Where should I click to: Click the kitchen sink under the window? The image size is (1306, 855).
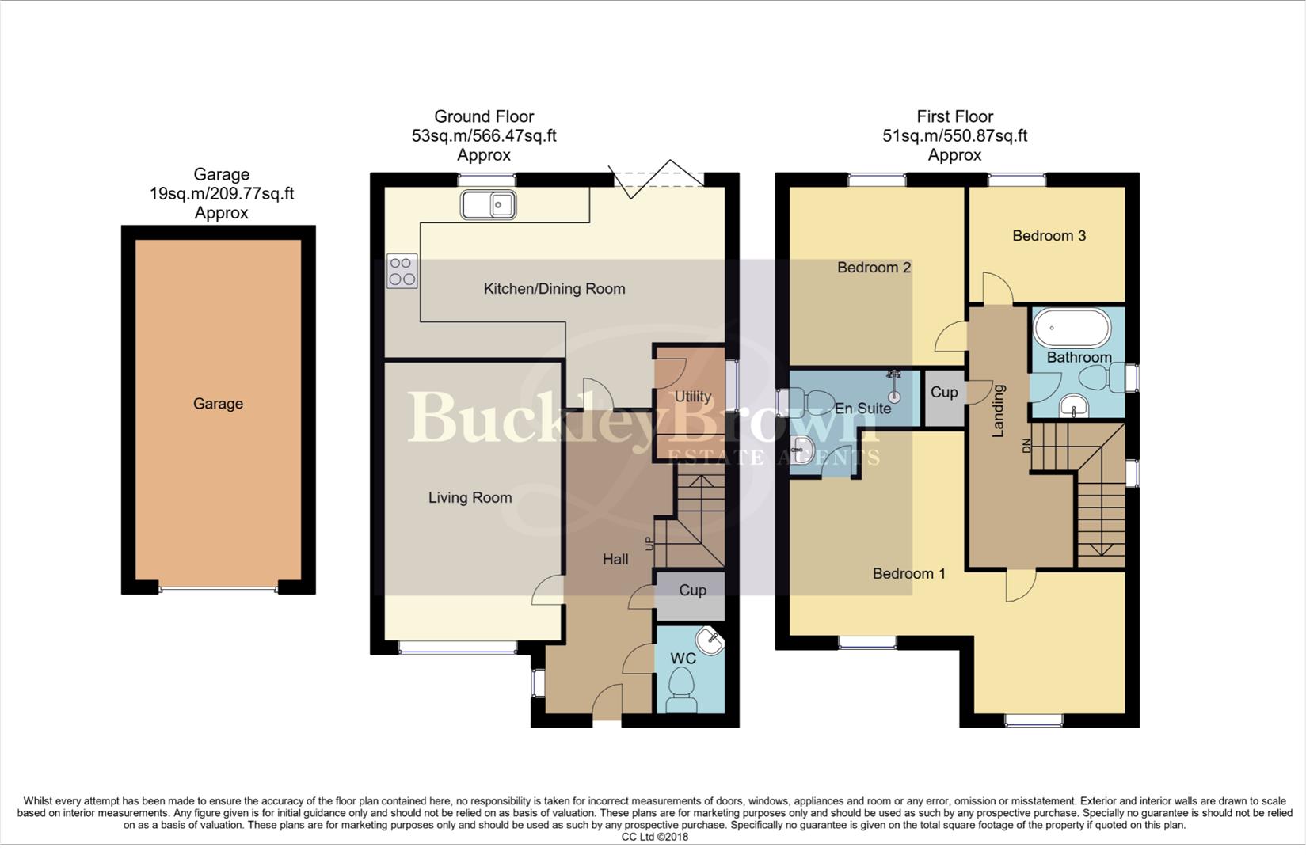pyautogui.click(x=488, y=206)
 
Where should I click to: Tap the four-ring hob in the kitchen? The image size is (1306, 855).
pyautogui.click(x=402, y=271)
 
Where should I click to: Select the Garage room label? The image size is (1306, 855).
pyautogui.click(x=218, y=404)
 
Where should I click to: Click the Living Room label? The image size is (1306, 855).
pyautogui.click(x=470, y=498)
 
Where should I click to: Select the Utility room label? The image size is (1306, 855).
pyautogui.click(x=692, y=397)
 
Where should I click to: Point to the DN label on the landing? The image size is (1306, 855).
pyautogui.click(x=1027, y=447)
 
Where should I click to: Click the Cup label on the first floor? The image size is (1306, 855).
pyautogui.click(x=943, y=393)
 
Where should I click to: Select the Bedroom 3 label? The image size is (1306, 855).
pyautogui.click(x=1049, y=236)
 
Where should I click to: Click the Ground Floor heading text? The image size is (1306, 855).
pyautogui.click(x=484, y=116)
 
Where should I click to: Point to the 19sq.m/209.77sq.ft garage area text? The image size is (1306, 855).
pyautogui.click(x=222, y=194)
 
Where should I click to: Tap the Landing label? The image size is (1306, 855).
pyautogui.click(x=998, y=410)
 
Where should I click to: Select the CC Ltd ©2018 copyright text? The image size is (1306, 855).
pyautogui.click(x=655, y=837)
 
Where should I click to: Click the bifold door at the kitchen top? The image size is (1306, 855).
pyautogui.click(x=656, y=180)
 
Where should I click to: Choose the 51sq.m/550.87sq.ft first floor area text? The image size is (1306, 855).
pyautogui.click(x=954, y=136)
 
